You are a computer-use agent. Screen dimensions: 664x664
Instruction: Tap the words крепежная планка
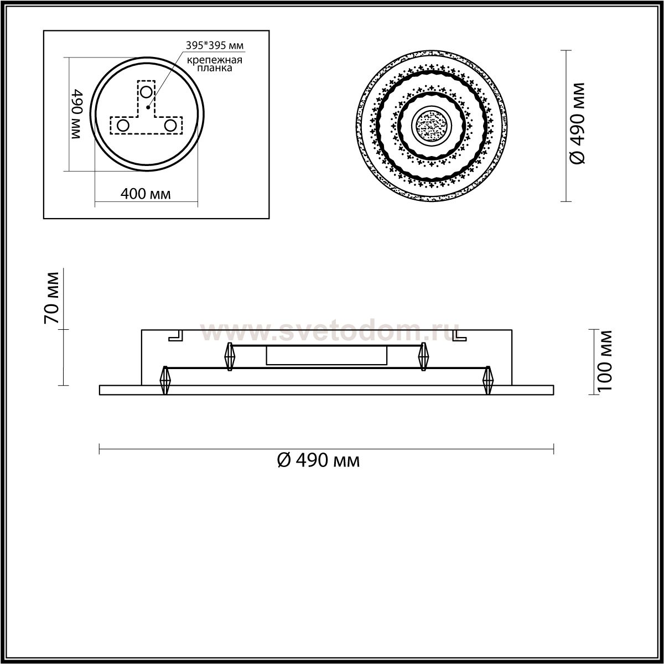point(214,65)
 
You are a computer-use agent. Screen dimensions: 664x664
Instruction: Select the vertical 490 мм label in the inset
point(77,115)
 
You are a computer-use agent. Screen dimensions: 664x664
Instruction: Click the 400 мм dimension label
point(146,194)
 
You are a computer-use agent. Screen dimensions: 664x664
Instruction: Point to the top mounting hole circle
point(146,91)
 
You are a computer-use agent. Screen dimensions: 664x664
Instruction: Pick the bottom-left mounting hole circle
point(123,126)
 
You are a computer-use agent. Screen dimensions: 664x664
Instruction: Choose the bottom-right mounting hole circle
point(170,126)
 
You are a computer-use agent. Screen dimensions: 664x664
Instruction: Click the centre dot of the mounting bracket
point(147,107)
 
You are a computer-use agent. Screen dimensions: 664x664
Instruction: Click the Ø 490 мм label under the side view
point(318,459)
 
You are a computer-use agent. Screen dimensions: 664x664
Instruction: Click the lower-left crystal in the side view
point(164,380)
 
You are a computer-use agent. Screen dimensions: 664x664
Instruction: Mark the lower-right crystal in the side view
point(487,380)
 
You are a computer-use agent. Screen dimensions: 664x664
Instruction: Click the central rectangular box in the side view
point(326,356)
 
